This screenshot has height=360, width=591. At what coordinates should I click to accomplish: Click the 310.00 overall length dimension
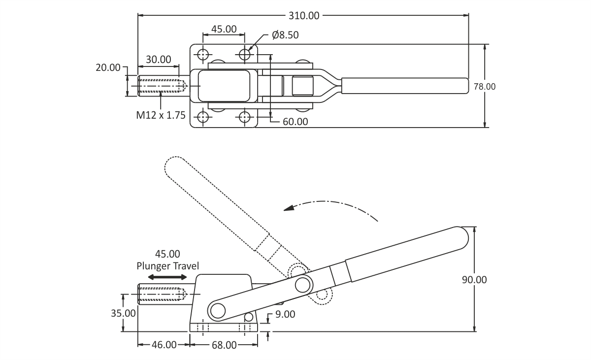(x=304, y=15)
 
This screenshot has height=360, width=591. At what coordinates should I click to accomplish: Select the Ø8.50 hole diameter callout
(x=285, y=35)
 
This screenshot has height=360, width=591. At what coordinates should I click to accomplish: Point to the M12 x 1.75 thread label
(x=161, y=116)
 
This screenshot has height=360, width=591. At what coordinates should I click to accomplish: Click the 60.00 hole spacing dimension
(x=295, y=121)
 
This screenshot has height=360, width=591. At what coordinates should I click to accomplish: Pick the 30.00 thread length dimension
(x=159, y=59)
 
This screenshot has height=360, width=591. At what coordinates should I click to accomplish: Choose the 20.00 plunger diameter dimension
(x=108, y=67)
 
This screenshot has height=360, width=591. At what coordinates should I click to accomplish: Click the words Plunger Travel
(x=167, y=266)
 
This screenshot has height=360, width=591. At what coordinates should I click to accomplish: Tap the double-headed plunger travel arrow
(x=167, y=277)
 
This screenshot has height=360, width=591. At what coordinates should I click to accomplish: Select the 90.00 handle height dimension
(x=474, y=280)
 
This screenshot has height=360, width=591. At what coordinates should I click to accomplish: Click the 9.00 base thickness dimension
(x=286, y=314)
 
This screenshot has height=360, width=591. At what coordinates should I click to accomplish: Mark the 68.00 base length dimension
(x=224, y=345)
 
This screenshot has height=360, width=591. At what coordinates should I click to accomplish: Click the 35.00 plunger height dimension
(x=123, y=313)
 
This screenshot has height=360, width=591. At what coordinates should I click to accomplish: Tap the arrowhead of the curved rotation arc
(x=290, y=208)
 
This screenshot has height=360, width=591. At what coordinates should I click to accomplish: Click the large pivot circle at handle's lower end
(x=216, y=310)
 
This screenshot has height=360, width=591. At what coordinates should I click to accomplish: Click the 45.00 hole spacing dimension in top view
(x=224, y=29)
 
